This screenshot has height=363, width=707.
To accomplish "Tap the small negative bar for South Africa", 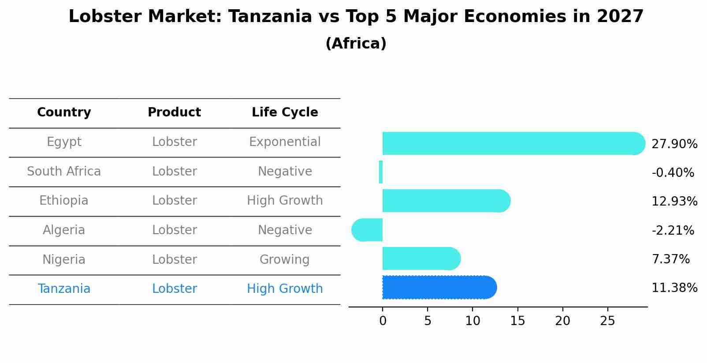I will click(381, 172).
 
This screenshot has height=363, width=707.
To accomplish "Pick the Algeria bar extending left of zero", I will click(367, 230).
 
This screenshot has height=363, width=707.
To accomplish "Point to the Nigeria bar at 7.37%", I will click(421, 258).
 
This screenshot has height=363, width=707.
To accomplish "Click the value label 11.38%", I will click(674, 288).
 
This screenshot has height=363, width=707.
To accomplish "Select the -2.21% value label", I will click(673, 230).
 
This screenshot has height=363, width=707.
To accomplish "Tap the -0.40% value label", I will click(673, 172).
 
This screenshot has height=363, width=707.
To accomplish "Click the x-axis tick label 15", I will click(517, 321).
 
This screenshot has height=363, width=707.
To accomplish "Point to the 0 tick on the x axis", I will click(383, 321).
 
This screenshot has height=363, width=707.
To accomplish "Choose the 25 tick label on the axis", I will click(607, 321).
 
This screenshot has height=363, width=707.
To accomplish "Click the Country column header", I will click(64, 112).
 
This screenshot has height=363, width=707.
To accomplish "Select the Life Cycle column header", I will click(285, 112).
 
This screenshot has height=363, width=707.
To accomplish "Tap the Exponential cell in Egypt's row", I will click(285, 142).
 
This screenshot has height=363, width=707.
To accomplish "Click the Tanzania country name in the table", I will click(64, 289).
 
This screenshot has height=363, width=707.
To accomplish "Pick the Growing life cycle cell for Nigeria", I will click(285, 259).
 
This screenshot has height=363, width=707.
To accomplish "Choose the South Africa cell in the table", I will click(64, 171).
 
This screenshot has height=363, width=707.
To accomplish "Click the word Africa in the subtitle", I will click(356, 44).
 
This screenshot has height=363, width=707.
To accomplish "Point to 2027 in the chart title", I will click(620, 17).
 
